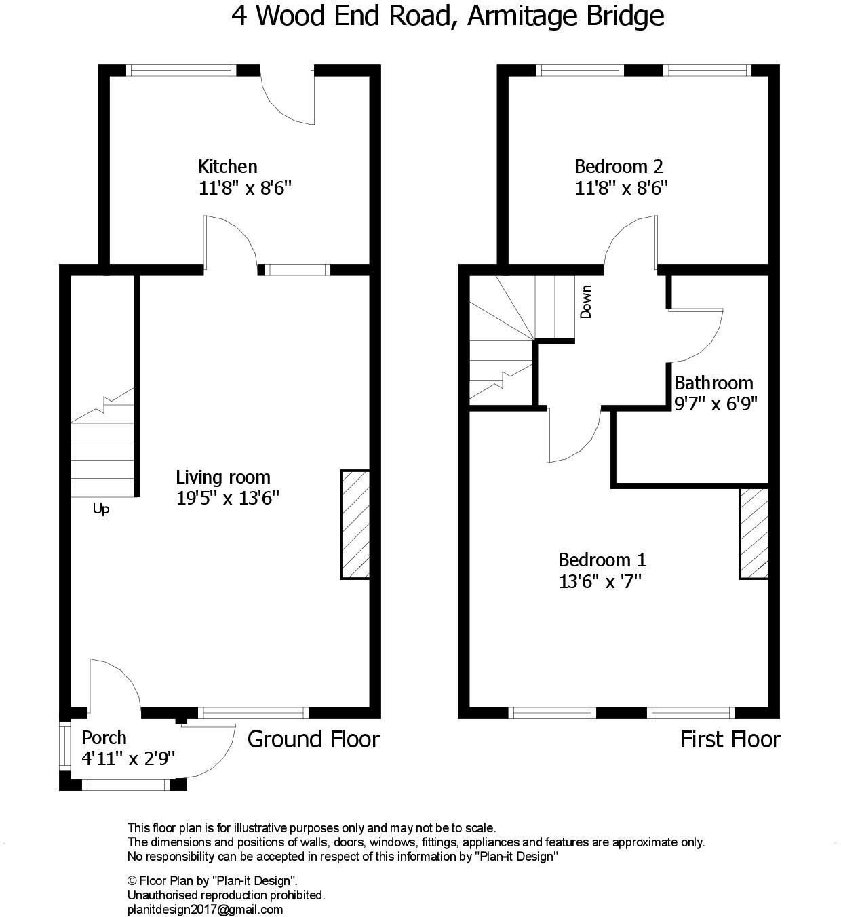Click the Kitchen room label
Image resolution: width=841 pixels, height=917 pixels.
pyautogui.click(x=227, y=166)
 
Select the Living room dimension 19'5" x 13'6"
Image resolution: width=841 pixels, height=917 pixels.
pyautogui.click(x=228, y=499)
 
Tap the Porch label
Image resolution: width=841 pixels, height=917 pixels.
pyautogui.click(x=104, y=737)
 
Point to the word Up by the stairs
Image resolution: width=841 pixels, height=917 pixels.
pyautogui.click(x=100, y=509)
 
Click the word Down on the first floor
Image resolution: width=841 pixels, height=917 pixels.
pyautogui.click(x=586, y=301)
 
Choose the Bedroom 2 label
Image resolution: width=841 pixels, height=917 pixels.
pyautogui.click(x=619, y=166)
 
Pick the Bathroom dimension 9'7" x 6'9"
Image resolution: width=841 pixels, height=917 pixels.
pyautogui.click(x=716, y=404)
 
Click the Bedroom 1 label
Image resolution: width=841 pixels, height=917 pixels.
pyautogui.click(x=602, y=560)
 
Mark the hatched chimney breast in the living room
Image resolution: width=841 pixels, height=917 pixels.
pyautogui.click(x=355, y=524)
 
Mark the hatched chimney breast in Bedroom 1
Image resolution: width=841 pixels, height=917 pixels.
pyautogui.click(x=754, y=533)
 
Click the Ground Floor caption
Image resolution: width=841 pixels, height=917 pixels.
pyautogui.click(x=313, y=739)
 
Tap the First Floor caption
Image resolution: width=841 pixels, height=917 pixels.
pyautogui.click(x=730, y=739)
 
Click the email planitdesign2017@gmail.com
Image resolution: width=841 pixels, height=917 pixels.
pyautogui.click(x=205, y=910)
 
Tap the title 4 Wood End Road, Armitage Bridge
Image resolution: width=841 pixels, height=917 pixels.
pyautogui.click(x=448, y=16)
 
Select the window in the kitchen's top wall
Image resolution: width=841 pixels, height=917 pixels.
pyautogui.click(x=181, y=70)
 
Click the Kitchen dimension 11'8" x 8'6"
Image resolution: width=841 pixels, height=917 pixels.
pyautogui.click(x=245, y=188)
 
